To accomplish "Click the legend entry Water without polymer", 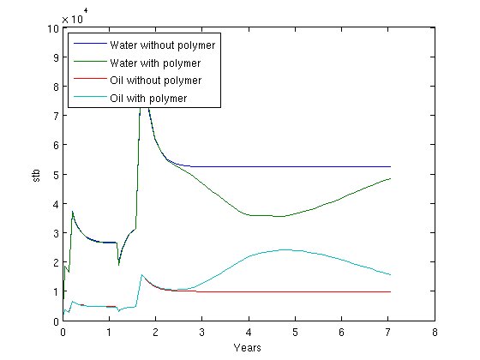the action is tap(163, 45).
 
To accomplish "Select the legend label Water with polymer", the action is tap(155, 63).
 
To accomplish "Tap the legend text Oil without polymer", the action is tap(156, 81).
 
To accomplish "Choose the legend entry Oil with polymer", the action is tap(148, 99).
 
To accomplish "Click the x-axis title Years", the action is tap(248, 348).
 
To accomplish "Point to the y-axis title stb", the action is tap(36, 175).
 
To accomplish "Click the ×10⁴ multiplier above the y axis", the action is tap(75, 16).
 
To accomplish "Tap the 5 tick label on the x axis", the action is tap(295, 333).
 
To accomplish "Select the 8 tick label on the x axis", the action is tap(435, 333).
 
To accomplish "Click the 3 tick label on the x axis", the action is tap(201, 333).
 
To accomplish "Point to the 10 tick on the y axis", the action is tap(53, 29).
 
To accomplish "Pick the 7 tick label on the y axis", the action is tap(56, 116).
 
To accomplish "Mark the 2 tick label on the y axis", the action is tap(56, 262).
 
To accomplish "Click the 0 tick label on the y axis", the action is tap(56, 321).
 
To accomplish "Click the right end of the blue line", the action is tap(391, 167).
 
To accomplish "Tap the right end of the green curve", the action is tap(391, 178).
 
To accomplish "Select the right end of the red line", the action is tap(391, 292).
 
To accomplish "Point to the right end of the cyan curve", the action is tap(391, 275).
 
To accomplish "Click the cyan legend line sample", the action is tap(90, 97).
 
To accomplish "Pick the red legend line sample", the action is tap(90, 79).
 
